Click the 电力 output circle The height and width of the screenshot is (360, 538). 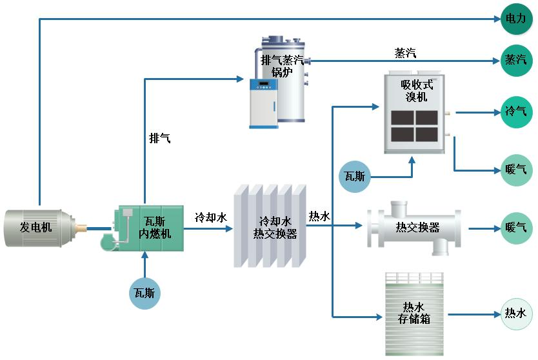(517, 19)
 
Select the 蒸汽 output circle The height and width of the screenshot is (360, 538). (517, 60)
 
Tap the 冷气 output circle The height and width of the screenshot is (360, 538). (517, 112)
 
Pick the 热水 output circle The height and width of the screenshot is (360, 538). (517, 314)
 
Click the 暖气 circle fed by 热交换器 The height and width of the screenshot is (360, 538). (517, 228)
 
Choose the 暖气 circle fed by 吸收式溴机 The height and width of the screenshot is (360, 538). (517, 170)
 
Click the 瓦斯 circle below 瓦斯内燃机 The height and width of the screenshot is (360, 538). (145, 292)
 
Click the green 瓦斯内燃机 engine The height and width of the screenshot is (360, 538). (150, 228)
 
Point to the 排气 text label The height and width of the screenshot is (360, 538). (160, 138)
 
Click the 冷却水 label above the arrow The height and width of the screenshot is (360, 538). (211, 217)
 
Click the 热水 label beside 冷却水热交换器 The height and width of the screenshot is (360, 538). (319, 217)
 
